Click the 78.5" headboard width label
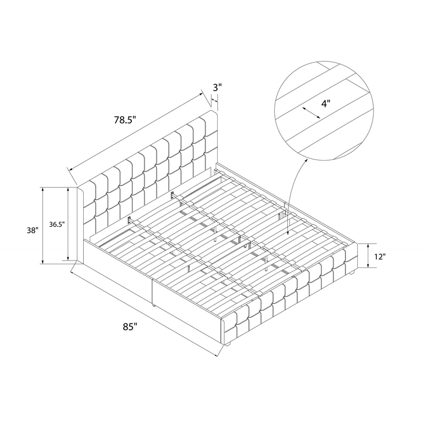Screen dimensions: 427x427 click(125, 120)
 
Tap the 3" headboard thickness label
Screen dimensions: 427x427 click(217, 88)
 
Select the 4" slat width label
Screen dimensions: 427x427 click(326, 104)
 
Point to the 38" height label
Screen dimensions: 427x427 click(33, 231)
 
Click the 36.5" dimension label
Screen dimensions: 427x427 click(57, 224)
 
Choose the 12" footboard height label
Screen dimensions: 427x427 click(379, 256)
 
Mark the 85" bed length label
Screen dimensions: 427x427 click(130, 327)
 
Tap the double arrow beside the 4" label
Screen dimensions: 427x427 click(311, 113)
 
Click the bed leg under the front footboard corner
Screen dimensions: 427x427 click(228, 344)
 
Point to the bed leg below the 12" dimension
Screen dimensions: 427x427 click(351, 272)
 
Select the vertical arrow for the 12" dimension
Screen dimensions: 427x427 click(368, 256)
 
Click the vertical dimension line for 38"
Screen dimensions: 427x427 click(42, 225)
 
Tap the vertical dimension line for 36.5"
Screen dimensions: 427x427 click(68, 224)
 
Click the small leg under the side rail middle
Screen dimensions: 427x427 click(154, 305)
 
